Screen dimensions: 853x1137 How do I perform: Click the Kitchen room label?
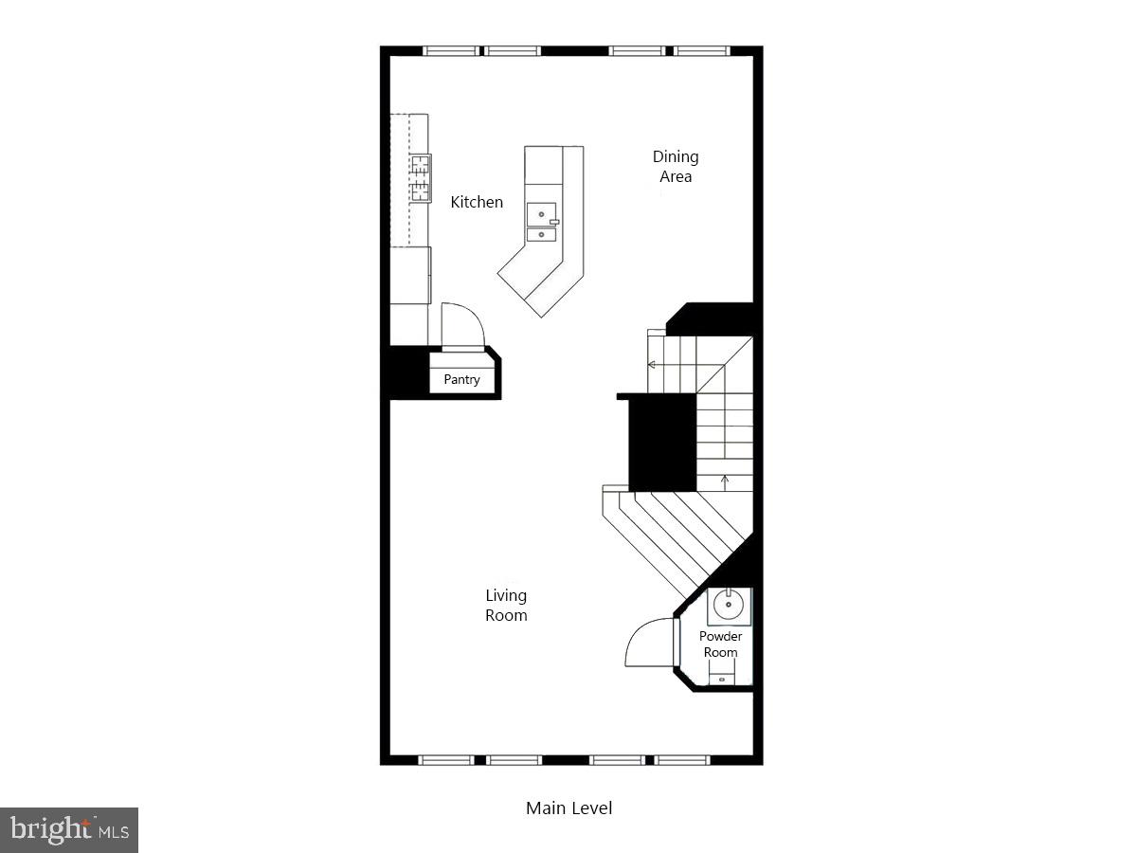[x=477, y=202]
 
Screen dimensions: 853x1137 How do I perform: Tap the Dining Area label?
[x=676, y=167]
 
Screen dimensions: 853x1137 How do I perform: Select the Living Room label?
[x=506, y=606]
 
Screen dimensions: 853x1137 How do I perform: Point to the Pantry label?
[x=462, y=380]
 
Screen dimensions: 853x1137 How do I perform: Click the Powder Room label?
[x=720, y=644]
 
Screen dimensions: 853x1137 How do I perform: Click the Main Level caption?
[x=568, y=808]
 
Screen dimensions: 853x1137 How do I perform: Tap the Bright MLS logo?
[x=69, y=830]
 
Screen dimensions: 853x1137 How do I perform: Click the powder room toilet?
[x=722, y=676]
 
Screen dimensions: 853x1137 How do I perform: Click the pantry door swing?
[x=462, y=326]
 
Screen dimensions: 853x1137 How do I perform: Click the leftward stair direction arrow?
[x=653, y=364]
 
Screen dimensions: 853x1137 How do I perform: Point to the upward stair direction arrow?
[x=725, y=480]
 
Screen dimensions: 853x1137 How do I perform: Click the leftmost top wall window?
[x=451, y=51]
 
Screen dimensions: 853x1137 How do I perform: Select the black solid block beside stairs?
[x=662, y=442]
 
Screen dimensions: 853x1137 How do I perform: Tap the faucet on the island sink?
[x=554, y=222]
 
